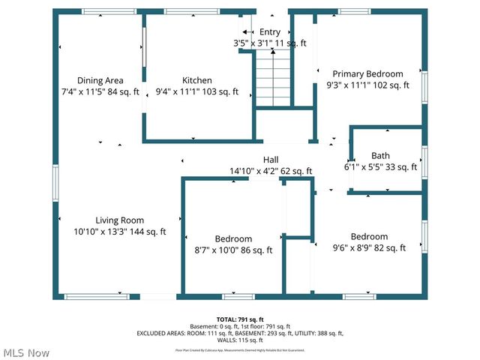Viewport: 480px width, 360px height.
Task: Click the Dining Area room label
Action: pyautogui.click(x=100, y=80)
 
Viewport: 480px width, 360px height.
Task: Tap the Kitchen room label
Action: pyautogui.click(x=197, y=80)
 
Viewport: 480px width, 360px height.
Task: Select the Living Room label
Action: pyautogui.click(x=121, y=220)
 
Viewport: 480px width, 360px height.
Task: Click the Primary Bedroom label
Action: pyautogui.click(x=368, y=73)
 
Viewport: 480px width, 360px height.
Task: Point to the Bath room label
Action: pyautogui.click(x=380, y=156)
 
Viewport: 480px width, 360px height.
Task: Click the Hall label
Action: pyautogui.click(x=271, y=160)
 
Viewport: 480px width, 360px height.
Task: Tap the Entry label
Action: pyautogui.click(x=270, y=32)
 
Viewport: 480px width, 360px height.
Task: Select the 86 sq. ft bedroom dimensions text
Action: pyautogui.click(x=233, y=250)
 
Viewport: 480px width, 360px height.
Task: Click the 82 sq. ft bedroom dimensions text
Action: pyautogui.click(x=369, y=247)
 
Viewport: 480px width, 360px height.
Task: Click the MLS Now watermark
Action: pyautogui.click(x=27, y=352)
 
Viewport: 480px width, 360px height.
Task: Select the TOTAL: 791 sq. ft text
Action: pyautogui.click(x=240, y=319)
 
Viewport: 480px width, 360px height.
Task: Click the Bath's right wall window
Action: pyautogui.click(x=424, y=161)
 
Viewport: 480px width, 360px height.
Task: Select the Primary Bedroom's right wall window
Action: pyautogui.click(x=424, y=86)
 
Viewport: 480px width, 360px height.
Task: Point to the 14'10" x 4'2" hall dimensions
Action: pyautogui.click(x=271, y=171)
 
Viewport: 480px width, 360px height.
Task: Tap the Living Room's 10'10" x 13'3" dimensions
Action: pyautogui.click(x=120, y=232)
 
